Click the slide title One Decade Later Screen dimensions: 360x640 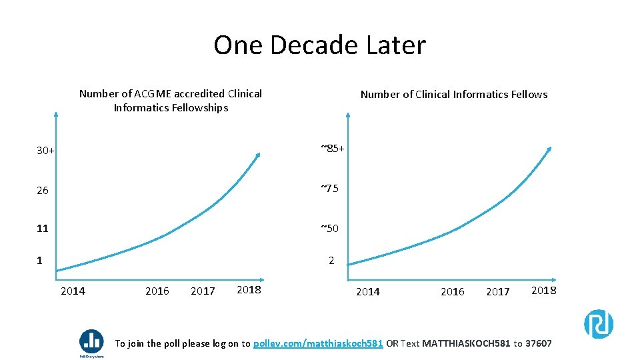point(319,45)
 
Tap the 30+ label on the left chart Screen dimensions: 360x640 point(45,151)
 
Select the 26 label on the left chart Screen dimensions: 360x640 point(43,191)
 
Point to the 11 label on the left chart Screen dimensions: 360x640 point(43,229)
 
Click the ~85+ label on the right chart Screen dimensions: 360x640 point(332,148)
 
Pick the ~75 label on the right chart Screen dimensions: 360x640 point(329,189)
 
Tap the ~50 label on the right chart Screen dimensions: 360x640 point(329,229)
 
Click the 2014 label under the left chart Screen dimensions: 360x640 point(73,291)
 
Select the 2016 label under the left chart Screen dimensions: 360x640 point(157,291)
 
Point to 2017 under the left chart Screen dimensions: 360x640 point(203,291)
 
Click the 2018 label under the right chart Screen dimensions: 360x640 point(544,290)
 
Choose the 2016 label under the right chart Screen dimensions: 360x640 point(453,291)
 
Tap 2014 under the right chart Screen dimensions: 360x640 point(368,291)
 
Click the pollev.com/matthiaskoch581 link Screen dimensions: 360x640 point(319,344)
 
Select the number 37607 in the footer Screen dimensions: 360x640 point(539,344)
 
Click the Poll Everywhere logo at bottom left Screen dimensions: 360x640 point(91,343)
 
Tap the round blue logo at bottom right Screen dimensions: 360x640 point(599,324)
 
